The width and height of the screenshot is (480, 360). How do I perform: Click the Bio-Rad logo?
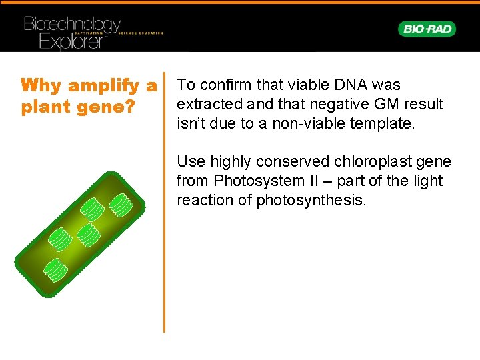pos(427,29)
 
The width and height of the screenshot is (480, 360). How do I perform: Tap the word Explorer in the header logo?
pos(73,41)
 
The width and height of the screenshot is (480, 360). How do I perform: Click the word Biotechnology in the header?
pos(73,25)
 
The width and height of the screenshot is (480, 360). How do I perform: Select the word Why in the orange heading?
pos(41,85)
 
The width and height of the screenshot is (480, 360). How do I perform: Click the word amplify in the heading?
pos(103,86)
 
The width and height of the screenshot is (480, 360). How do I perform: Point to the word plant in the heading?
pos(46,107)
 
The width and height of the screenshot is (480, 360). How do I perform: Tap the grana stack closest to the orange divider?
pos(121,205)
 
